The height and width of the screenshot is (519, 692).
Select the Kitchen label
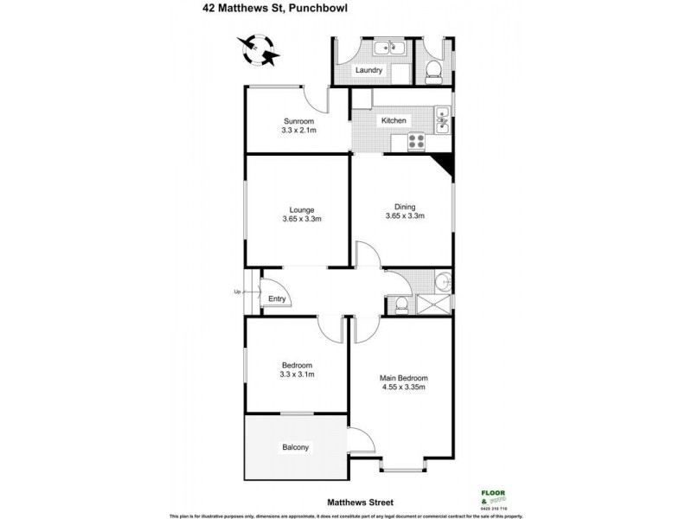(x=394, y=120)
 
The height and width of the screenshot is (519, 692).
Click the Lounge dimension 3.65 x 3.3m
(x=302, y=219)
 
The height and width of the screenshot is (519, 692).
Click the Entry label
(x=277, y=299)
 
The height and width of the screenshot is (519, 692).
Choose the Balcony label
(x=295, y=447)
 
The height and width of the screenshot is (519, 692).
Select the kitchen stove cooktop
(x=417, y=142)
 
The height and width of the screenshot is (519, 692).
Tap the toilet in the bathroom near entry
(x=400, y=304)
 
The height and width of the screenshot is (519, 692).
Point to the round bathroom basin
(x=442, y=279)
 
